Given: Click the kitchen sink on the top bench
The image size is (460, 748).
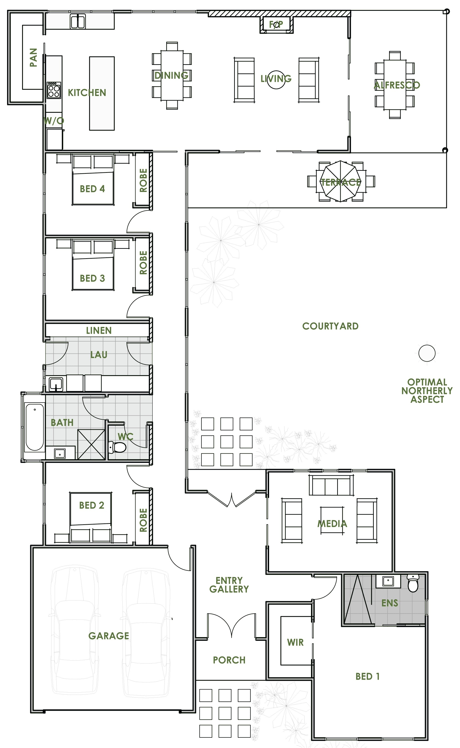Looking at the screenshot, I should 78,22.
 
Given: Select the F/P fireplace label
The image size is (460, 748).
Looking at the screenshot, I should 276,24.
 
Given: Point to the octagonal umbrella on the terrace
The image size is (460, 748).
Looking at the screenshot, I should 340,181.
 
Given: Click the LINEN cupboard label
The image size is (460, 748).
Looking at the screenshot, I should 99,330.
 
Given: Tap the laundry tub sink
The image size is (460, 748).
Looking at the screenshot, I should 56,384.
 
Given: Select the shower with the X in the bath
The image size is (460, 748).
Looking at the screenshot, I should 91,444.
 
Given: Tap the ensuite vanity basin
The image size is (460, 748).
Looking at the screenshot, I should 388,581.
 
